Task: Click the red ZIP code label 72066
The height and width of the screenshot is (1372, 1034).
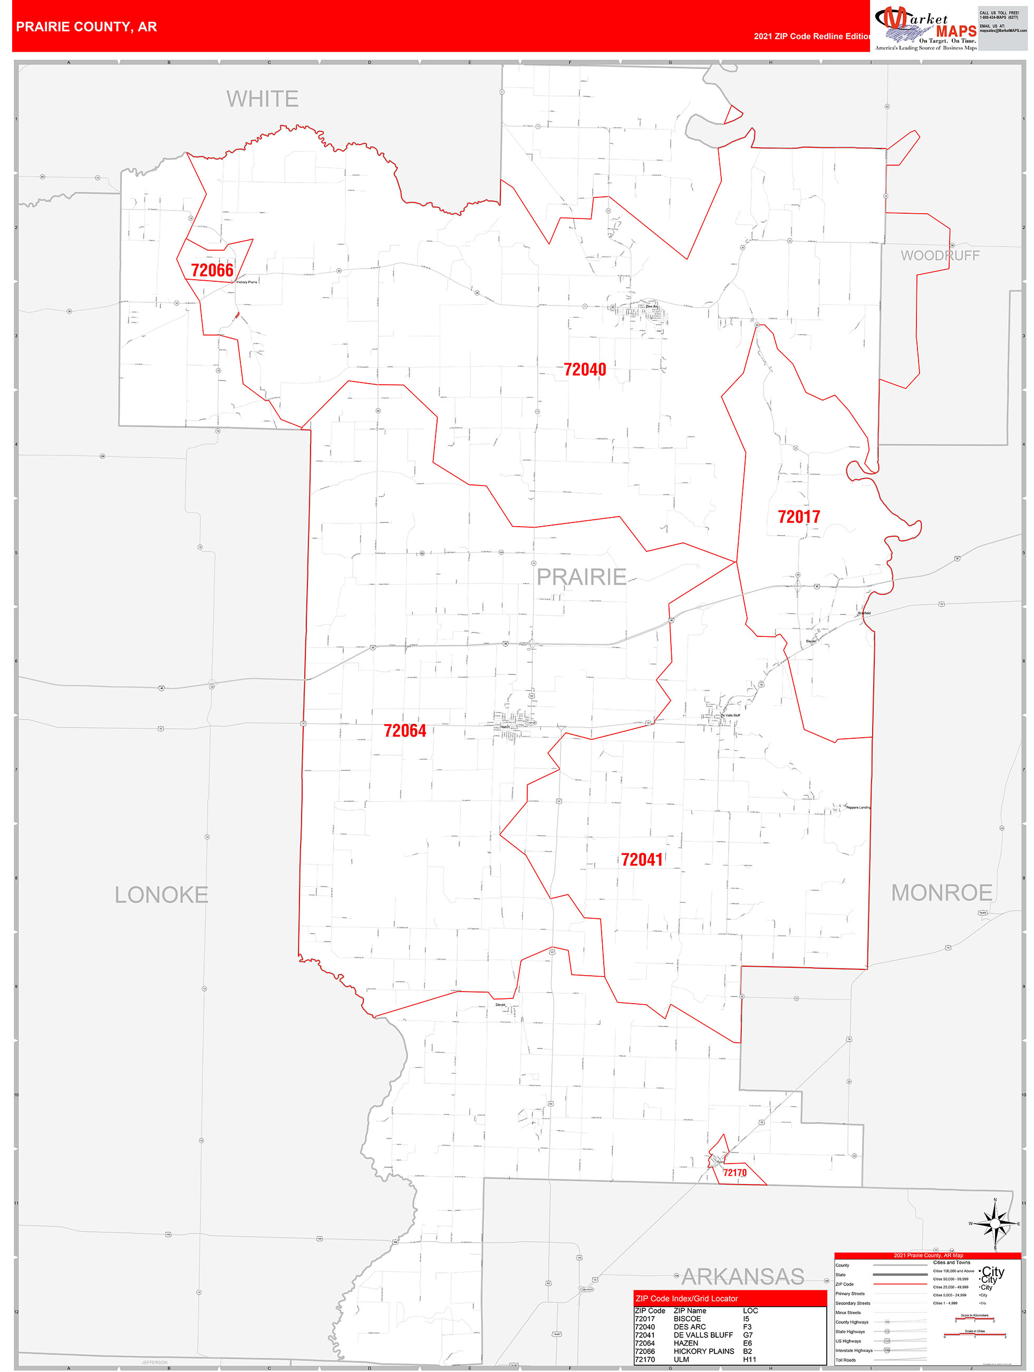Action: [x=212, y=270]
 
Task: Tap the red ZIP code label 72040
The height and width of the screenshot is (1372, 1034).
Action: [x=585, y=370]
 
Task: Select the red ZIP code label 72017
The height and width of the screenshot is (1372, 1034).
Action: [x=798, y=517]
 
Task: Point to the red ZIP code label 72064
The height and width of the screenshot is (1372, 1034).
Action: [x=405, y=731]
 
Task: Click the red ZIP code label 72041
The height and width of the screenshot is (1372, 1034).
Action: [x=642, y=860]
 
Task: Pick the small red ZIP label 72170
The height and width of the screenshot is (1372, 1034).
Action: [x=735, y=1173]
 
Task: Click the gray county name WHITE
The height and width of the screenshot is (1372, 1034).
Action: [x=262, y=99]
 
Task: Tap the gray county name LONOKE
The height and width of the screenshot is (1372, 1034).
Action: [x=161, y=895]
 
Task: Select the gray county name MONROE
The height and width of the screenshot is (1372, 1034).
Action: [x=942, y=893]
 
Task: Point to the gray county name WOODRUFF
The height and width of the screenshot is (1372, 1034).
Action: [x=940, y=255]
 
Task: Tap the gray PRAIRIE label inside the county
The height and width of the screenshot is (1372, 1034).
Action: [x=582, y=577]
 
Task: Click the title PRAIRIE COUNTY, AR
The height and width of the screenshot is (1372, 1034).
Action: [x=87, y=27]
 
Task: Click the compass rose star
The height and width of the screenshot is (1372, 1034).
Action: [x=995, y=1224]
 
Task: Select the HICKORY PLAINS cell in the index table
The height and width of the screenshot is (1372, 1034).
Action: [x=703, y=1351]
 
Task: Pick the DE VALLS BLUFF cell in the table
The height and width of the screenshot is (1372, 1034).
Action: [x=703, y=1335]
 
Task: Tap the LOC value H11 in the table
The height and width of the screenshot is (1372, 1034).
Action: [x=749, y=1359]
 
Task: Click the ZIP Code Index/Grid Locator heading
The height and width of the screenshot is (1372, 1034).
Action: [x=686, y=1298]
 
